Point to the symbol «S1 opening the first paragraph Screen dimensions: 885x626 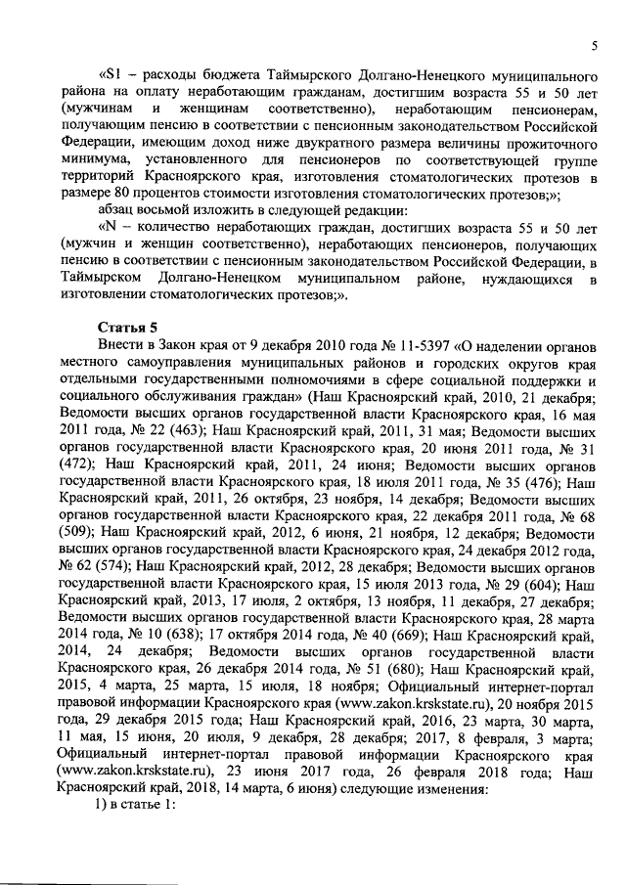point(111,74)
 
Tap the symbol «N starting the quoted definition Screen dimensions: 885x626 point(111,227)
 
